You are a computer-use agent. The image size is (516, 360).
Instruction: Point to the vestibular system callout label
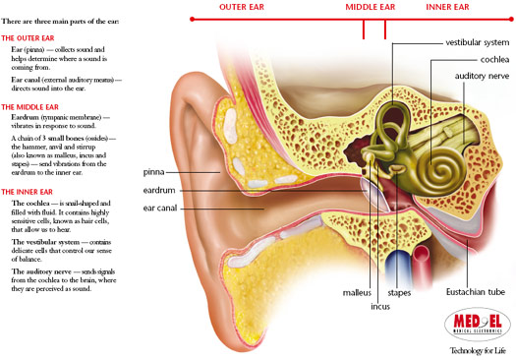(x=478, y=42)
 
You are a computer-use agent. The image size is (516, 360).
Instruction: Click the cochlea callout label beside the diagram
(x=487, y=58)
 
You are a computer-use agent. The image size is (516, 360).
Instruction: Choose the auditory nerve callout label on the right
(x=482, y=75)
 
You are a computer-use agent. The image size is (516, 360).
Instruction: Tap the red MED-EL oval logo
(x=476, y=322)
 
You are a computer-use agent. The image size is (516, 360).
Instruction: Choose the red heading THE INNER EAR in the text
(x=28, y=192)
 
